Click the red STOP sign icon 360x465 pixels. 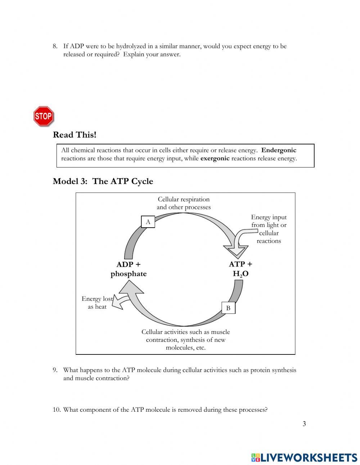(x=44, y=116)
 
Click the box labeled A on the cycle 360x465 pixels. (x=148, y=222)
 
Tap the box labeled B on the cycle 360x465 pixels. (x=228, y=308)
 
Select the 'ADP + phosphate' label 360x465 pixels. (x=129, y=269)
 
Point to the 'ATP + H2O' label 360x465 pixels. (x=240, y=269)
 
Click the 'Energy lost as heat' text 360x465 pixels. (x=97, y=303)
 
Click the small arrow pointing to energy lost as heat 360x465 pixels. (x=121, y=302)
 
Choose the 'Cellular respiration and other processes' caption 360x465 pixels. (x=184, y=203)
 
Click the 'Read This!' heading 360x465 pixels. (x=75, y=135)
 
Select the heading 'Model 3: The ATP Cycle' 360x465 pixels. (x=103, y=181)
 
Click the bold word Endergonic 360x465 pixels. (x=279, y=150)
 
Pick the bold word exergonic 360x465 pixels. (x=215, y=158)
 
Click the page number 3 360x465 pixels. (x=304, y=424)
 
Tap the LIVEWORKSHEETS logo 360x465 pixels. (x=304, y=457)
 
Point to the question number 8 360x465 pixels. (x=55, y=46)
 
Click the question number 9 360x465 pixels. (x=55, y=370)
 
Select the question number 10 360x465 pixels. (x=57, y=410)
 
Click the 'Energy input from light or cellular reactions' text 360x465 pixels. (x=269, y=229)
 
